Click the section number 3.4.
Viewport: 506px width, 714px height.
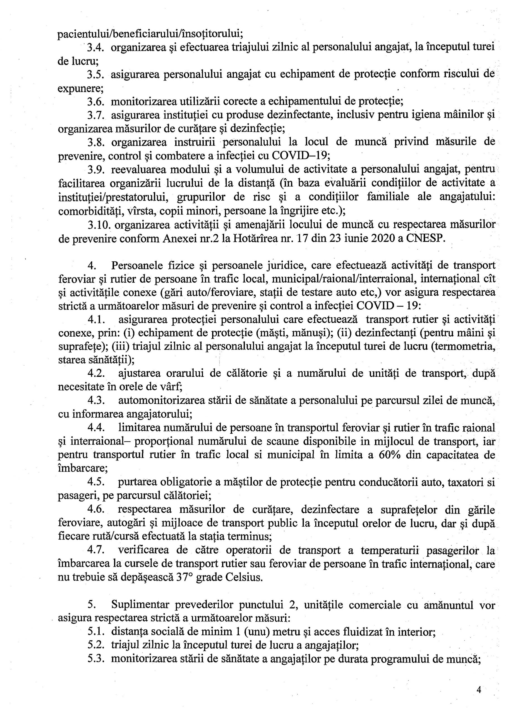(95, 47)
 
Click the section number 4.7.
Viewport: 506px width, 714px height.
(95, 550)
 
